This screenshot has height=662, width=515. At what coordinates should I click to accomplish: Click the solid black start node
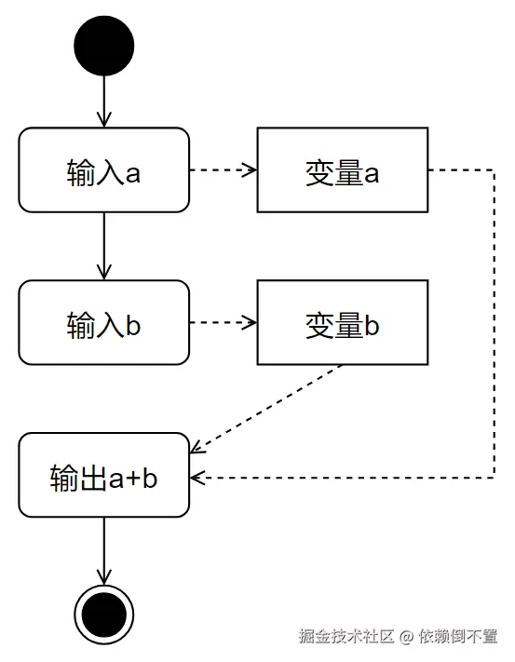pos(103,46)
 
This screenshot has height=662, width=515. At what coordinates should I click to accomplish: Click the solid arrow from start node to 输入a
pos(103,101)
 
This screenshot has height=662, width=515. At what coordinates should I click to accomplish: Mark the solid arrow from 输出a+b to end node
pos(103,550)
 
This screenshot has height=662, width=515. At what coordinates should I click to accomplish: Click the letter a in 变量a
pos(372,173)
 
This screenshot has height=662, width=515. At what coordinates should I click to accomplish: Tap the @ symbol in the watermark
pos(406,638)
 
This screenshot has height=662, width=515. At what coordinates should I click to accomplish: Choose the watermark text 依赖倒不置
pos(458,638)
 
